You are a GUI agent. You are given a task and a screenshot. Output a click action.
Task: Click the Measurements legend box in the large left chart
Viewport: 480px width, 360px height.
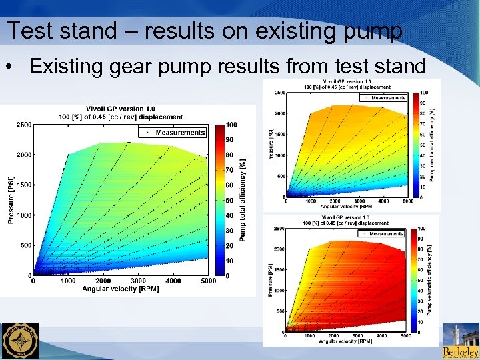175,132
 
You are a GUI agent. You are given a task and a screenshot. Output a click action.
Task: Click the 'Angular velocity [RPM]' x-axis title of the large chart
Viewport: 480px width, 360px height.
122,289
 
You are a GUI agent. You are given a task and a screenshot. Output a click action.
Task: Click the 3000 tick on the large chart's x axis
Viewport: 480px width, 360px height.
138,281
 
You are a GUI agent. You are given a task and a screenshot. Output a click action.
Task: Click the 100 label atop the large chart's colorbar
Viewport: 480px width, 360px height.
231,125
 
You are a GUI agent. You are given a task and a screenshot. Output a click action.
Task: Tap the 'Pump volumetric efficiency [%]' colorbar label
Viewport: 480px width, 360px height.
430,279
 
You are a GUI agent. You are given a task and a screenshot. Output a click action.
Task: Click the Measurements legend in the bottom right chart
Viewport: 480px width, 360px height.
381,234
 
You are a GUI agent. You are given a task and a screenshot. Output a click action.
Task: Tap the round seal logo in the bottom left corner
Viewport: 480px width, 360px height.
20,341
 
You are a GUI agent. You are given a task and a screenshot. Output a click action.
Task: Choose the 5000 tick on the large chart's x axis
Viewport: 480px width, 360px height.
208,281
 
